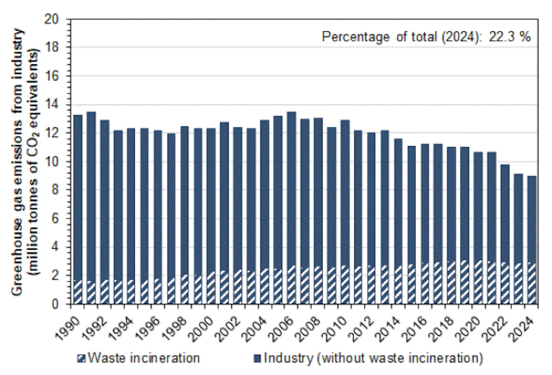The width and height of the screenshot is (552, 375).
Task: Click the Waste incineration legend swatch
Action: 81,358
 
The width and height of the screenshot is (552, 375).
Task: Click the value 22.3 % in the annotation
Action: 510,37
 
